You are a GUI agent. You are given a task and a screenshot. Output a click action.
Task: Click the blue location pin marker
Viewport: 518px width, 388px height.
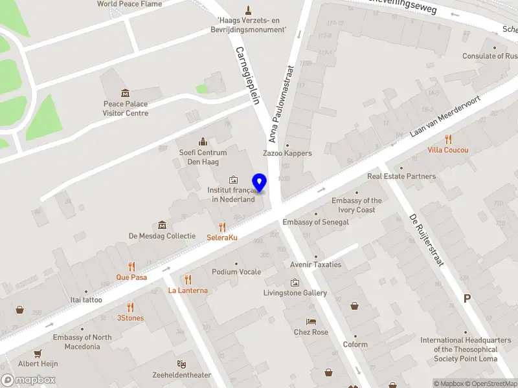point(260,183)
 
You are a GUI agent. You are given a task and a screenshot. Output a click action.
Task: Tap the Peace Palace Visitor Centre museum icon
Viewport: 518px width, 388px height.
point(126,93)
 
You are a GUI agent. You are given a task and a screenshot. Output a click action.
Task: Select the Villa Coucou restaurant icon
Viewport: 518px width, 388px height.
point(448,139)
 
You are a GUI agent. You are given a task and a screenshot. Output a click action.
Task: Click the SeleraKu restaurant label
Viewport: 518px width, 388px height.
point(222,237)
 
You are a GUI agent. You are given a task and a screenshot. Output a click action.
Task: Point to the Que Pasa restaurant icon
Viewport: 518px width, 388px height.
point(131,266)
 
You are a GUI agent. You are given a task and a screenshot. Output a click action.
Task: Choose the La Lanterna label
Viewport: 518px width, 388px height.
point(188,290)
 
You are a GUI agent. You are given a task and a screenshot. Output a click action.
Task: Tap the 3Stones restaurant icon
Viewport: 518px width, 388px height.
point(131,307)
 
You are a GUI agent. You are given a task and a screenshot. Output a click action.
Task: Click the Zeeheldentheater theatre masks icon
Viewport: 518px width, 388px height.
point(182,365)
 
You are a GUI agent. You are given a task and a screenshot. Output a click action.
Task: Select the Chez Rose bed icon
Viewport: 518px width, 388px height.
point(311,321)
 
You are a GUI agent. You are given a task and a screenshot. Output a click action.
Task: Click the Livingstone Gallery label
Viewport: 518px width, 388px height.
point(295,293)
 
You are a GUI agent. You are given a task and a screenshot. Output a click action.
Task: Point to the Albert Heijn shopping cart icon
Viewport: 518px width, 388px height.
point(38,354)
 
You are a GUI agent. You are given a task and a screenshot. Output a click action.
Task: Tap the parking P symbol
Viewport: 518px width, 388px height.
point(467,299)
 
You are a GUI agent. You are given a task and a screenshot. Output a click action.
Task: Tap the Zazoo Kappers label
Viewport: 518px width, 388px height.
point(287,153)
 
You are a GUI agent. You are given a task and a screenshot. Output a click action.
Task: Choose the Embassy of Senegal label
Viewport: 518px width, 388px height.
point(315,222)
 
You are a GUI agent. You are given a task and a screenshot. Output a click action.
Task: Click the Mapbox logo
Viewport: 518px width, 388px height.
point(28,380)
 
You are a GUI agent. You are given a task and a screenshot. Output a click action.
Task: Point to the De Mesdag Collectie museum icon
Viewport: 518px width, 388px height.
point(162,225)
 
